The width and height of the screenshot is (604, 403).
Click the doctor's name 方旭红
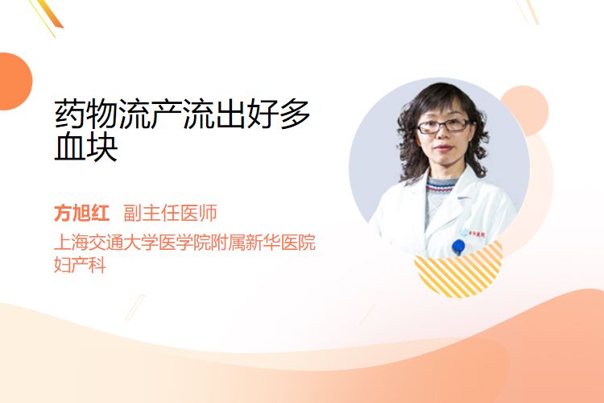coord(81,213)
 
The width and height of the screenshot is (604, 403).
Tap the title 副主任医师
coord(170,213)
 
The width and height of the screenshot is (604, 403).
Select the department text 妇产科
coord(80,265)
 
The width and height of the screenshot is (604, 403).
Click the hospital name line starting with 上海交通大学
coord(185,242)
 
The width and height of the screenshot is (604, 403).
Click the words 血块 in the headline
coord(86,147)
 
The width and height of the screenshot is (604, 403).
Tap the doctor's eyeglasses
coord(443,126)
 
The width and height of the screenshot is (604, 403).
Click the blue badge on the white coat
coord(458,247)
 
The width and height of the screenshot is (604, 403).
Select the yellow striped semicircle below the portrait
coord(458,270)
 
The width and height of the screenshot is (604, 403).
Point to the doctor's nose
coord(443,135)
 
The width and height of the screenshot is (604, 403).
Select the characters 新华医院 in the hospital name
coord(281,242)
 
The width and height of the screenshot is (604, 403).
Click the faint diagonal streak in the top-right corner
coord(527,11)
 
